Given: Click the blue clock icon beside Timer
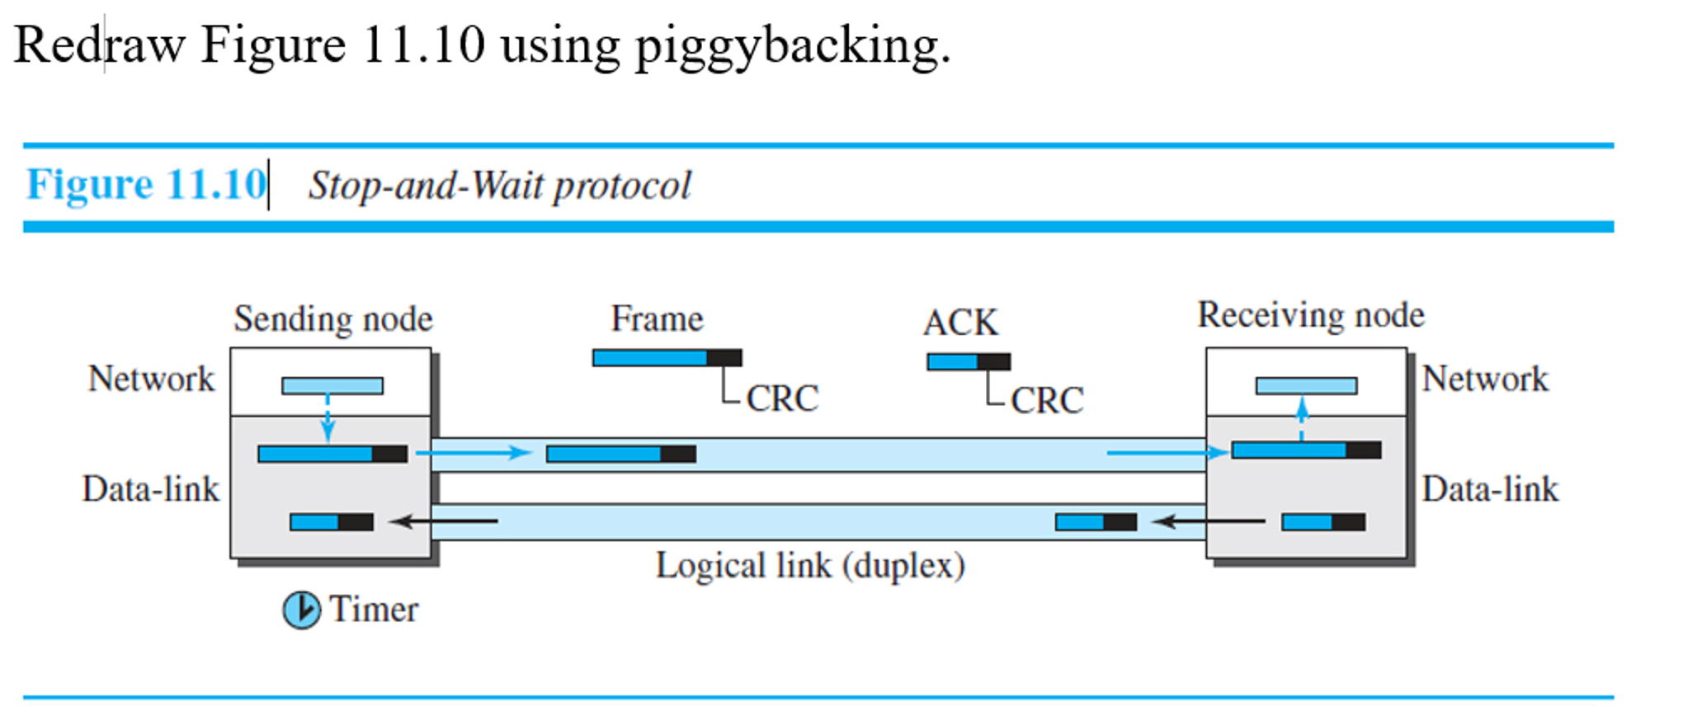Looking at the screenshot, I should [x=301, y=611].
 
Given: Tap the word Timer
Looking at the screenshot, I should [x=374, y=610].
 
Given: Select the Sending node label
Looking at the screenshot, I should [x=332, y=319].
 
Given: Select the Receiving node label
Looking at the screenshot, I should [x=1310, y=315].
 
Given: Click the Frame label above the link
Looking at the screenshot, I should [x=657, y=319].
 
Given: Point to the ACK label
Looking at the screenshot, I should [x=960, y=323].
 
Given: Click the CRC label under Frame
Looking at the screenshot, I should [x=782, y=399].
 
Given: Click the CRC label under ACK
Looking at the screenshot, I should [x=1047, y=401].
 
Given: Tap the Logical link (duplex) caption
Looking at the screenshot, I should [x=810, y=566].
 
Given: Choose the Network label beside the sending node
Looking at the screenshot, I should [x=151, y=379].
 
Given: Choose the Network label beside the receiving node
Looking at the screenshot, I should [x=1485, y=379].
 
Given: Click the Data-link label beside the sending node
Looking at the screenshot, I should [x=151, y=489].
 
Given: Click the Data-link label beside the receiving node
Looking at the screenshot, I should [x=1490, y=489].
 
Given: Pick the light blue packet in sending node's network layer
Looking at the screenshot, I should [x=332, y=385].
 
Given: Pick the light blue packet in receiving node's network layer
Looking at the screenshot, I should [x=1306, y=385].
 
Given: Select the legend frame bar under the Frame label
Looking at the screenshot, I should [x=667, y=358].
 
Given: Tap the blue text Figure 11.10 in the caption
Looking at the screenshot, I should [x=147, y=184].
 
